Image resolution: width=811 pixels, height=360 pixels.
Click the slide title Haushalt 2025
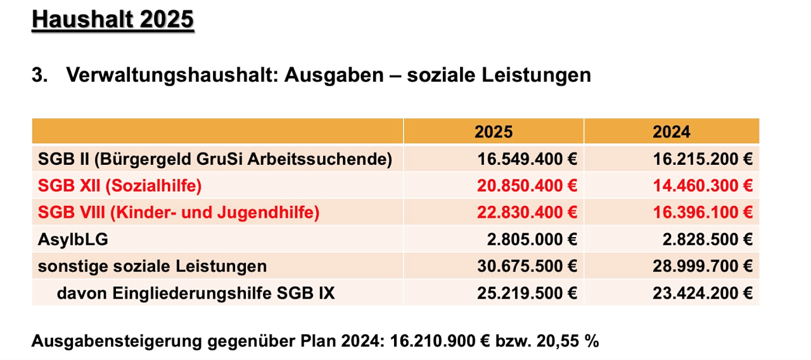point(112,19)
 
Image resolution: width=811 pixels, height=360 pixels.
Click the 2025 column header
point(494,132)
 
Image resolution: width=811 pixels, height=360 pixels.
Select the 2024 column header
point(672,132)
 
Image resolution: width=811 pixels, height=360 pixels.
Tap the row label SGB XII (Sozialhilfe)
point(120,186)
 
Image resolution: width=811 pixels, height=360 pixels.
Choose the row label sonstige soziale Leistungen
point(152,266)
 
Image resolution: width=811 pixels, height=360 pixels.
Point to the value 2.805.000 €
point(532,240)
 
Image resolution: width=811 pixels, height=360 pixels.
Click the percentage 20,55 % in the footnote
point(568,341)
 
